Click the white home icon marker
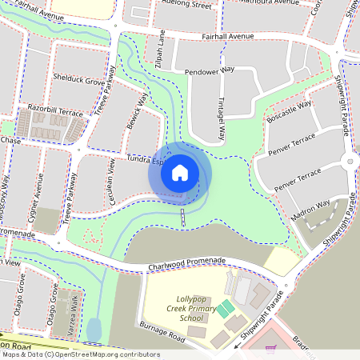(x=179, y=172)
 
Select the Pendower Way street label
(x=209, y=70)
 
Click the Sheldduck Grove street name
(x=78, y=82)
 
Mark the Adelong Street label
(x=186, y=5)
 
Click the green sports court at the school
(x=226, y=307)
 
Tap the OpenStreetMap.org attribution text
(x=104, y=354)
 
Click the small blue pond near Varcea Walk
(x=94, y=329)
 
